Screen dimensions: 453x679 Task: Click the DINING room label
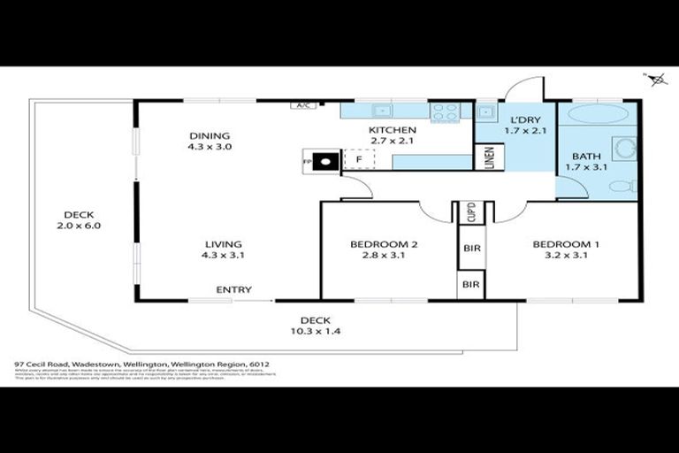point(210,135)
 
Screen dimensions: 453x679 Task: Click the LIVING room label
point(224,244)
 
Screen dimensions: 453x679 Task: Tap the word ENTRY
point(234,289)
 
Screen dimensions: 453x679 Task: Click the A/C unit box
point(303,105)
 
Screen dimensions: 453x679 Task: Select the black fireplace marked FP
point(326,161)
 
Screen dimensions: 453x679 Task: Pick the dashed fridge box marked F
point(358,160)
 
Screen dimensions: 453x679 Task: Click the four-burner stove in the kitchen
point(446,112)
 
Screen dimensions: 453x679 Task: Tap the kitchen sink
point(382,111)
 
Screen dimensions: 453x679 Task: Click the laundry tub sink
point(485,112)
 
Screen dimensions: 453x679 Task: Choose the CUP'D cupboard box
point(471,213)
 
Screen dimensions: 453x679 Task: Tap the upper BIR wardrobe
point(471,249)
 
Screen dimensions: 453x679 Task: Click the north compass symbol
point(657,81)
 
